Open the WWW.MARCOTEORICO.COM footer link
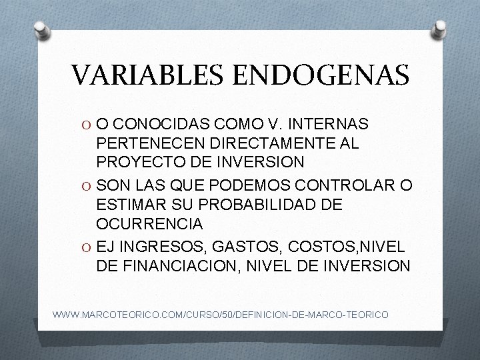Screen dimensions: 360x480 221,313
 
